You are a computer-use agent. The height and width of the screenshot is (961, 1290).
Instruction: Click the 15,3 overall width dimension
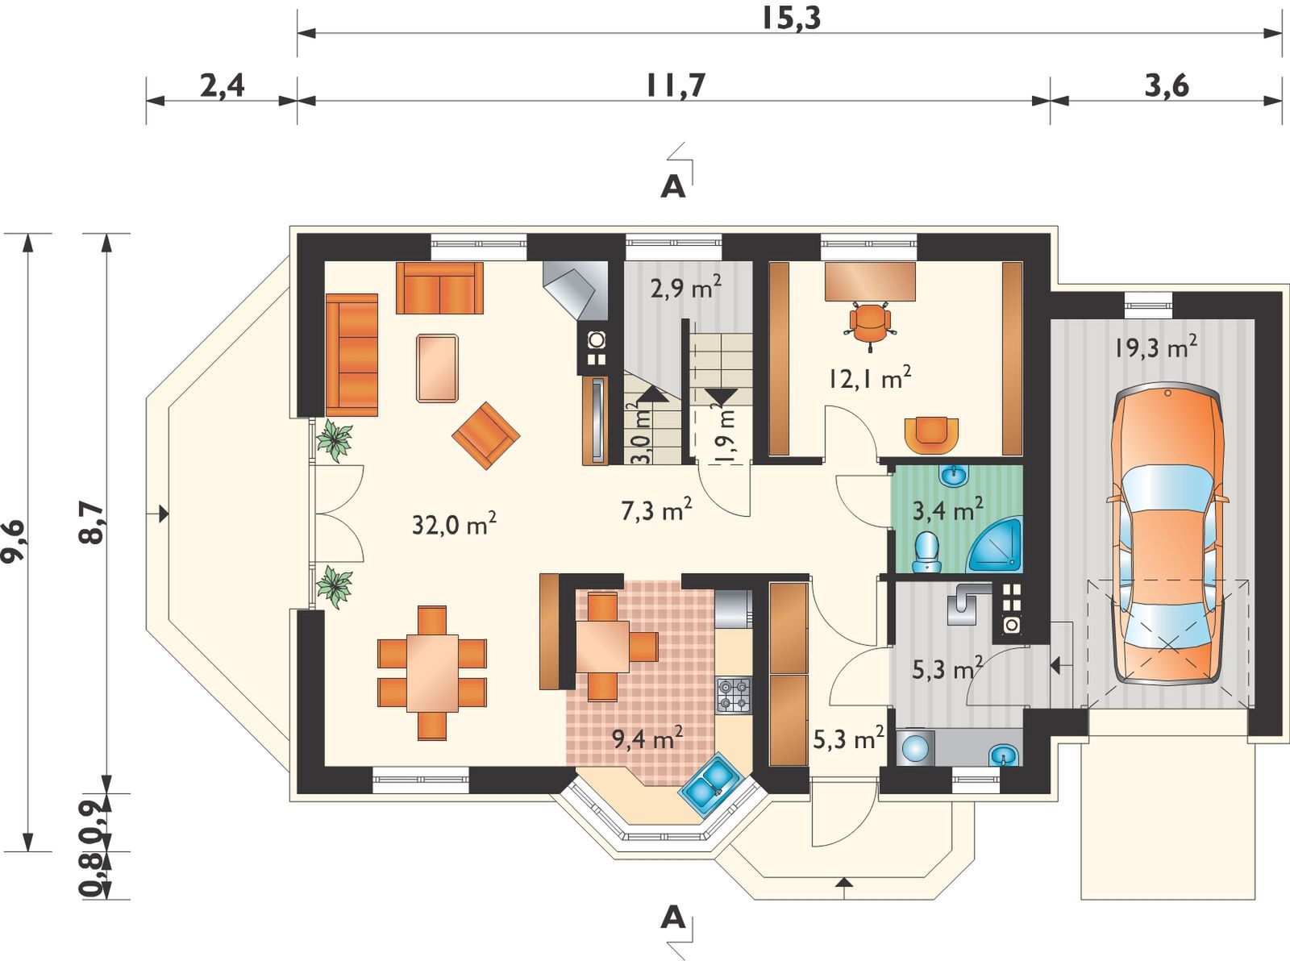pos(791,19)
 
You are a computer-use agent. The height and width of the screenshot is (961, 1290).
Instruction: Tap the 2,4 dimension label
pos(223,86)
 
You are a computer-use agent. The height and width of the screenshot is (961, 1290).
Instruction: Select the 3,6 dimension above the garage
pos(1167,86)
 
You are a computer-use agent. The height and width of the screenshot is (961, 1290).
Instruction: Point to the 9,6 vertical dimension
pos(13,541)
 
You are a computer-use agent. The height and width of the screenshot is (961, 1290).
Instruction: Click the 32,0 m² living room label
pos(454,523)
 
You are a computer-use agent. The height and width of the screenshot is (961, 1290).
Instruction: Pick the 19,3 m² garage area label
pos(1155,347)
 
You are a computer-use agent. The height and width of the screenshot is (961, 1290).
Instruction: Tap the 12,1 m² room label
pos(869,378)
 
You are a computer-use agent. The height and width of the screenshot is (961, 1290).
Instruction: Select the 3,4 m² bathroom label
pos(947,510)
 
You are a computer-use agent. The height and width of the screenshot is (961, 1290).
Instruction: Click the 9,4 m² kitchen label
pos(647,738)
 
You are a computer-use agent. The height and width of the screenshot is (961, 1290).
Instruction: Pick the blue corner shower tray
pos(995,544)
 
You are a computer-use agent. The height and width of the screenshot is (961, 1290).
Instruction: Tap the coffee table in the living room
pos(437,368)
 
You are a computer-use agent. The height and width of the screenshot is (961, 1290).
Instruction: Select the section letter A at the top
pos(673,187)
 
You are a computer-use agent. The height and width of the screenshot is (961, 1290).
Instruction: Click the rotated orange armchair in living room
pos(485,435)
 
